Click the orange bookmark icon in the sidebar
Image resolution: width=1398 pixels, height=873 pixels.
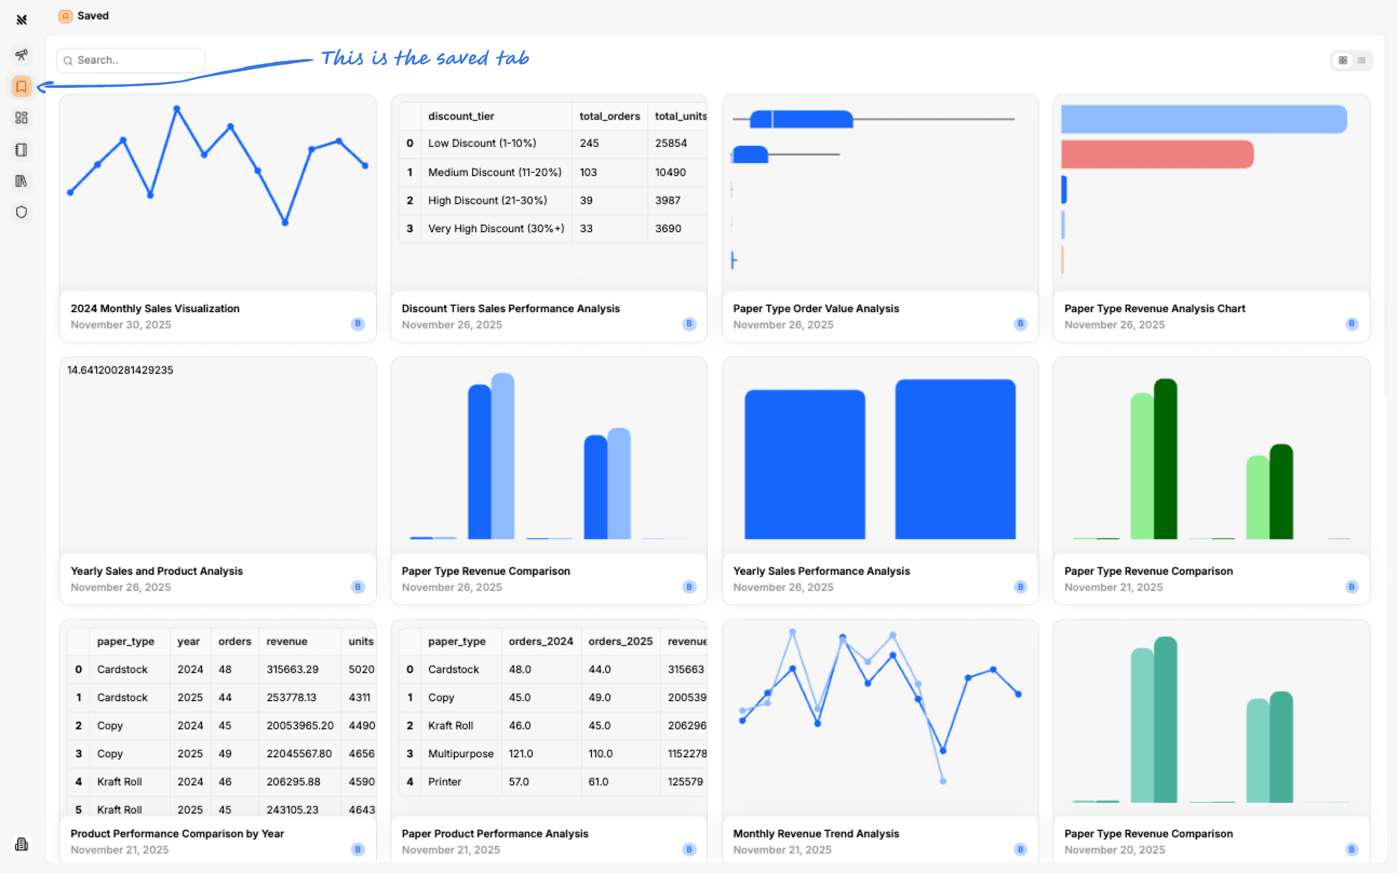pos(21,87)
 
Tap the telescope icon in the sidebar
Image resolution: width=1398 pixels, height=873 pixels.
pos(21,55)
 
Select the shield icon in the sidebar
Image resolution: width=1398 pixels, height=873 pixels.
pos(21,212)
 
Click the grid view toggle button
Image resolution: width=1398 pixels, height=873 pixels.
pos(1343,60)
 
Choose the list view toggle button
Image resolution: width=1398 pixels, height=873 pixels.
pos(1362,60)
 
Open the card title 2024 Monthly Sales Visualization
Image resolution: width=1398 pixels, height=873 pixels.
pos(155,308)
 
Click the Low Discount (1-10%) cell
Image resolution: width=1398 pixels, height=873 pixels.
pos(482,143)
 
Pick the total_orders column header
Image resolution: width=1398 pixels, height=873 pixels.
pos(609,116)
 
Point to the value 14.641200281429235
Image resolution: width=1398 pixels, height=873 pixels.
pos(120,370)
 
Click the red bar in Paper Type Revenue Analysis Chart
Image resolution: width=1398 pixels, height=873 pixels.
pos(1157,154)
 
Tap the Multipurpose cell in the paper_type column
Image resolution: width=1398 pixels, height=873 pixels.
pos(461,753)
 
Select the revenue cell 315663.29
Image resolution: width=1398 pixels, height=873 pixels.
pos(292,669)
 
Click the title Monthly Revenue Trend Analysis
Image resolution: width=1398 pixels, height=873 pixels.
pos(816,834)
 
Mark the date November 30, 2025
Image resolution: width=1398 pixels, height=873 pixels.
pos(121,324)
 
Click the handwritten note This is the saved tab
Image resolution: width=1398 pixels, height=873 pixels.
pos(425,58)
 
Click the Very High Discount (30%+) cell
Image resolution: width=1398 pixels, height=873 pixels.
pos(496,229)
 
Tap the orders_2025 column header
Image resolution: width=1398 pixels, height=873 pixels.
pos(620,641)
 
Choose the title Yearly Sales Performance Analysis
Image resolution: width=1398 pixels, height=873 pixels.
pos(821,571)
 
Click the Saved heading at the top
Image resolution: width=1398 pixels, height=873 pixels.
pos(92,16)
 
